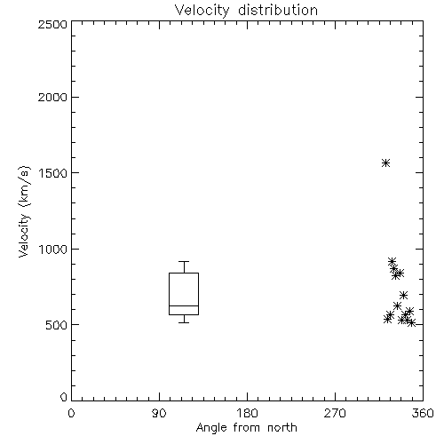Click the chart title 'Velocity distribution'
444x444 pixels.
(246, 11)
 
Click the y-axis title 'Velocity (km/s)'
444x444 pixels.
(24, 211)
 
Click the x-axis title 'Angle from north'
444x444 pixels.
(246, 428)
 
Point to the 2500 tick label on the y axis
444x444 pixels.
(52, 24)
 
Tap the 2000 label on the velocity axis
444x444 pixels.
(52, 97)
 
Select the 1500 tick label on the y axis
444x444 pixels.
(52, 173)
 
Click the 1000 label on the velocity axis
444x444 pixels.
(52, 250)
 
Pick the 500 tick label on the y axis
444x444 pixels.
(57, 325)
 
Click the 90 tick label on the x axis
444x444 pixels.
(159, 413)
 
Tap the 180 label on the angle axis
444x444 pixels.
(247, 413)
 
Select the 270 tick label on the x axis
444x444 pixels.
(335, 413)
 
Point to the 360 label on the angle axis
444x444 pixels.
(423, 413)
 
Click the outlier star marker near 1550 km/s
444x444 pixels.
(385, 163)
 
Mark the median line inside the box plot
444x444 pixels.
(184, 305)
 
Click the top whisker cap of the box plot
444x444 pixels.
(184, 261)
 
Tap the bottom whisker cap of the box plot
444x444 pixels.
(184, 322)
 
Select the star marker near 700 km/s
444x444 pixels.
(403, 295)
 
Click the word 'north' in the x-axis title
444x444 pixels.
(282, 428)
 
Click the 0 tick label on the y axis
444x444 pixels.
(64, 397)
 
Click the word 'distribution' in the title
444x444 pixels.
(278, 11)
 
